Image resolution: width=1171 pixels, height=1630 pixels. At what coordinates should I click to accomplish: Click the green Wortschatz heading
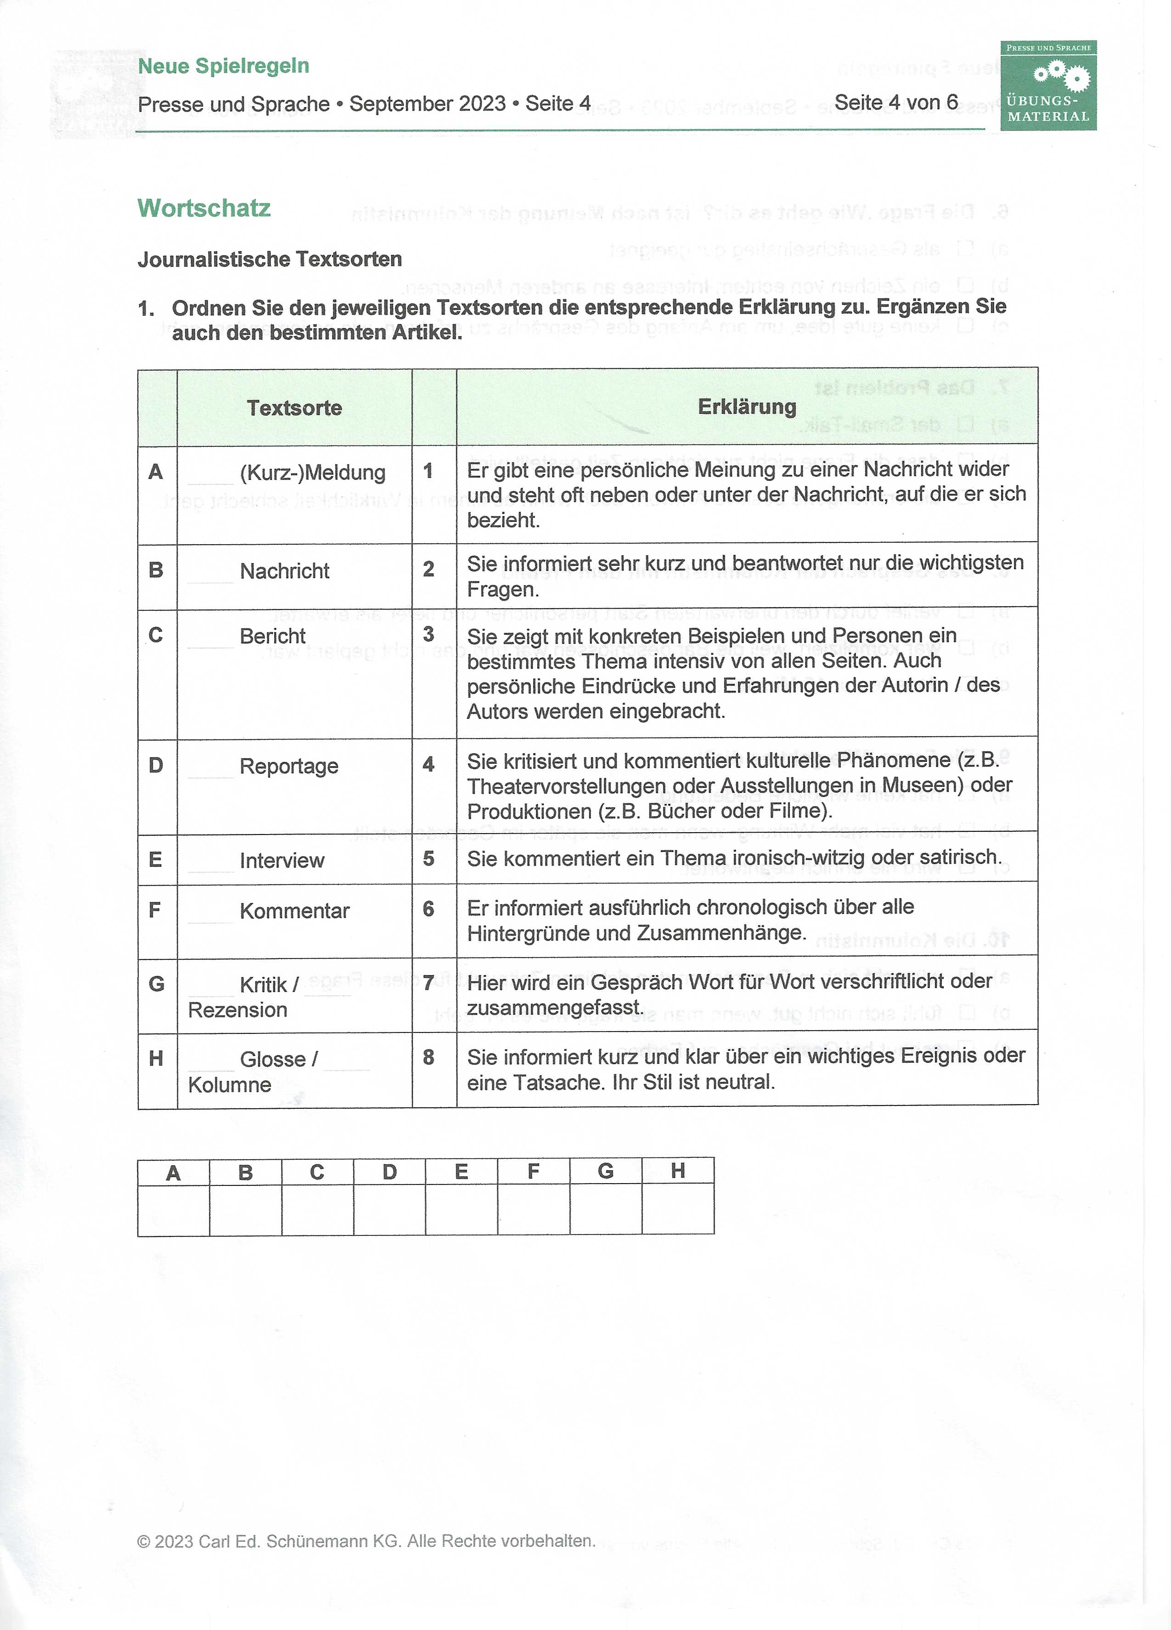click(204, 209)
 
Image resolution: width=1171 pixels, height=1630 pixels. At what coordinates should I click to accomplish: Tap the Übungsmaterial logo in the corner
click(1048, 85)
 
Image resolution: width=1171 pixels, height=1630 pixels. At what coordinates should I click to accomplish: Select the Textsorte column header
click(294, 408)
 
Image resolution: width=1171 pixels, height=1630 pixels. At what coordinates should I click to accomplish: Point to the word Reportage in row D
click(289, 766)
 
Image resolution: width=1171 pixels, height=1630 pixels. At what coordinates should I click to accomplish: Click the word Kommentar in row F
click(294, 911)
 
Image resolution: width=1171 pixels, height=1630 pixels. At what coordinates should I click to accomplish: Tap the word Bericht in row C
click(272, 636)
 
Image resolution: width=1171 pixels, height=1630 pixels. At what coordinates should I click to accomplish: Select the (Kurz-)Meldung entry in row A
click(313, 473)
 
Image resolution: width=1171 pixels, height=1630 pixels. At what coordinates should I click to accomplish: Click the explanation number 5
click(428, 859)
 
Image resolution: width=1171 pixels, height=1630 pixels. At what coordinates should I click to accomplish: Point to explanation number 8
click(428, 1057)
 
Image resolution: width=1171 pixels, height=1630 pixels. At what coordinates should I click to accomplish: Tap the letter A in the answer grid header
click(173, 1173)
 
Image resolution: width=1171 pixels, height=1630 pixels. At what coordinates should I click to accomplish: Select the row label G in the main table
click(156, 984)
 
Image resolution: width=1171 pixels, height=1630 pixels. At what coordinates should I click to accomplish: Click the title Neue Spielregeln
click(224, 66)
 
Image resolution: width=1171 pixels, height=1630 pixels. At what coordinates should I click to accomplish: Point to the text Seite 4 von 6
click(896, 103)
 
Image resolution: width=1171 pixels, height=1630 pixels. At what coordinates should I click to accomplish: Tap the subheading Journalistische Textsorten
click(270, 259)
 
